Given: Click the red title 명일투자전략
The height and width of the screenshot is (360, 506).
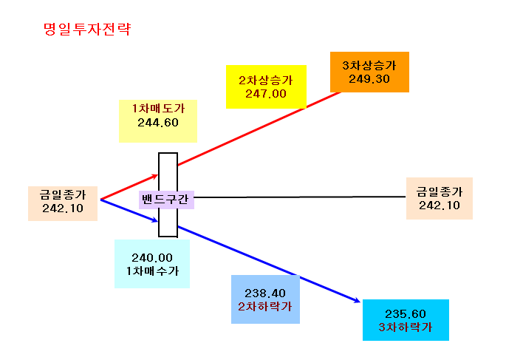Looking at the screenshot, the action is [x=87, y=29].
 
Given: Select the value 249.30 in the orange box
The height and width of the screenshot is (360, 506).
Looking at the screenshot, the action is [x=369, y=79].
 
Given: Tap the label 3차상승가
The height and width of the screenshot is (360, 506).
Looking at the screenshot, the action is [x=369, y=66].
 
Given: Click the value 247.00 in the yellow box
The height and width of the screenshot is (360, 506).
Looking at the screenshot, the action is [x=266, y=94].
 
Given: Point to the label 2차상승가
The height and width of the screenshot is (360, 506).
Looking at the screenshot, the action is [x=266, y=81].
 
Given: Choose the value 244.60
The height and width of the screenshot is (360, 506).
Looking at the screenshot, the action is [x=158, y=123].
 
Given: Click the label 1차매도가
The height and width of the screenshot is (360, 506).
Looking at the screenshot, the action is [x=158, y=109].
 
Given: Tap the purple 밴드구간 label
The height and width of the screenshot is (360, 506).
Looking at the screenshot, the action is [x=165, y=199].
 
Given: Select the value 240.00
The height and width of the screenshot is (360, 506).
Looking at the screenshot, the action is [x=152, y=258].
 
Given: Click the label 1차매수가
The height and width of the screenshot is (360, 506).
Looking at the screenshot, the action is [x=152, y=271].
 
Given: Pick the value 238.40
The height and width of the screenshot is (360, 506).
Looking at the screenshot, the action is [x=265, y=293].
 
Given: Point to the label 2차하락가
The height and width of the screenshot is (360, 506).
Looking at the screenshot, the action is [x=265, y=306].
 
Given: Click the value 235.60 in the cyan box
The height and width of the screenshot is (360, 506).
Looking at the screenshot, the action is [x=406, y=314].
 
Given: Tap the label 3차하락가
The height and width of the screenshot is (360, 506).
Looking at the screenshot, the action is [x=406, y=327].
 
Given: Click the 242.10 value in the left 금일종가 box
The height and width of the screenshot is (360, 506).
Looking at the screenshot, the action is [x=63, y=208].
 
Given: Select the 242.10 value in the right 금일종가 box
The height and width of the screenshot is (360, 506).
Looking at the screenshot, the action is [x=440, y=206].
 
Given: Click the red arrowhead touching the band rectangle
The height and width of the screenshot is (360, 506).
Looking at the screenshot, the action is [x=155, y=176].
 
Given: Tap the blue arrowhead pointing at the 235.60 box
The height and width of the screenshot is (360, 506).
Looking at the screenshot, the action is [x=356, y=300].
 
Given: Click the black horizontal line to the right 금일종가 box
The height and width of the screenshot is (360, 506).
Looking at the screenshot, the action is [x=300, y=197].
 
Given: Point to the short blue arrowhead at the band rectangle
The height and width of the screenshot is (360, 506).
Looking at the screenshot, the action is [x=154, y=220].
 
